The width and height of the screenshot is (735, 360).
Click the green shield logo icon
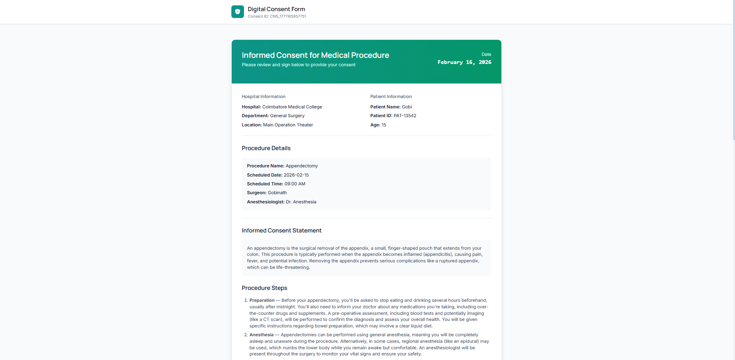237,12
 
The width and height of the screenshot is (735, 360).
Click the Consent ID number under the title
288,16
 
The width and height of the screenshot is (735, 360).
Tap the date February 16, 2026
464,62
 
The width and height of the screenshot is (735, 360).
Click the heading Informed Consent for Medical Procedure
315,55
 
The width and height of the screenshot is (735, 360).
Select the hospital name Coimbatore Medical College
292,107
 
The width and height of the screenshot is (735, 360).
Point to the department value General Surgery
287,116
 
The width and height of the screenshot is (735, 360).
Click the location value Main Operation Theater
288,125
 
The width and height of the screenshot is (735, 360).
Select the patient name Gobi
407,107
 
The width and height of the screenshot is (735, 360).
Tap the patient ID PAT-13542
405,116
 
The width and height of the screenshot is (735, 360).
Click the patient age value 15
384,125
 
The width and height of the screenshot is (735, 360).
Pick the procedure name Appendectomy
301,166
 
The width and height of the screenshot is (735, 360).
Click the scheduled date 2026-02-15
296,175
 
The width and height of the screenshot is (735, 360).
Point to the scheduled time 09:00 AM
295,184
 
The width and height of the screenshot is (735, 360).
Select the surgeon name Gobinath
277,193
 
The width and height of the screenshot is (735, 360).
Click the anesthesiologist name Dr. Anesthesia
301,202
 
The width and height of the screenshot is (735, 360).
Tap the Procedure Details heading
266,148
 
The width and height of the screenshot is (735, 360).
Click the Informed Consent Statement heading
282,231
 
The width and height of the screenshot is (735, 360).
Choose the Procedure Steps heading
264,288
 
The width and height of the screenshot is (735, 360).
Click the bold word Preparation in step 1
262,300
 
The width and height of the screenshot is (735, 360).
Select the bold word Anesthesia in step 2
262,335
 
